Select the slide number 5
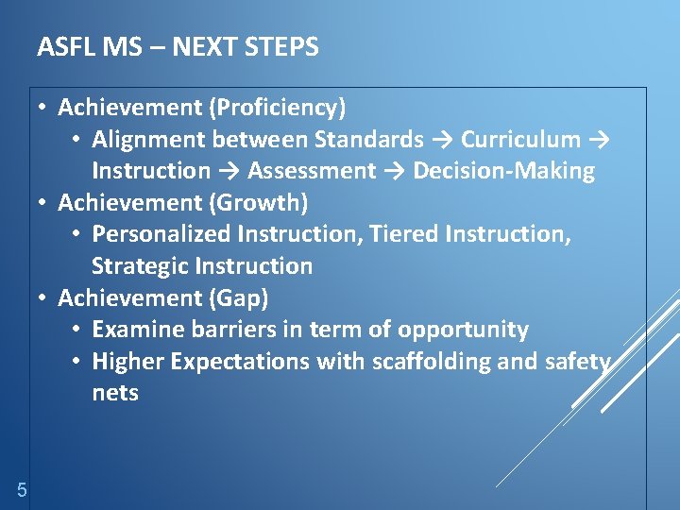pyautogui.click(x=21, y=489)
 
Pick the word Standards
pyautogui.click(x=368, y=140)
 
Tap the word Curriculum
pyautogui.click(x=520, y=140)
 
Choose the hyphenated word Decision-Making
pyautogui.click(x=503, y=171)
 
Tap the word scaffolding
pyautogui.click(x=430, y=362)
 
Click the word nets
pyautogui.click(x=115, y=393)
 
